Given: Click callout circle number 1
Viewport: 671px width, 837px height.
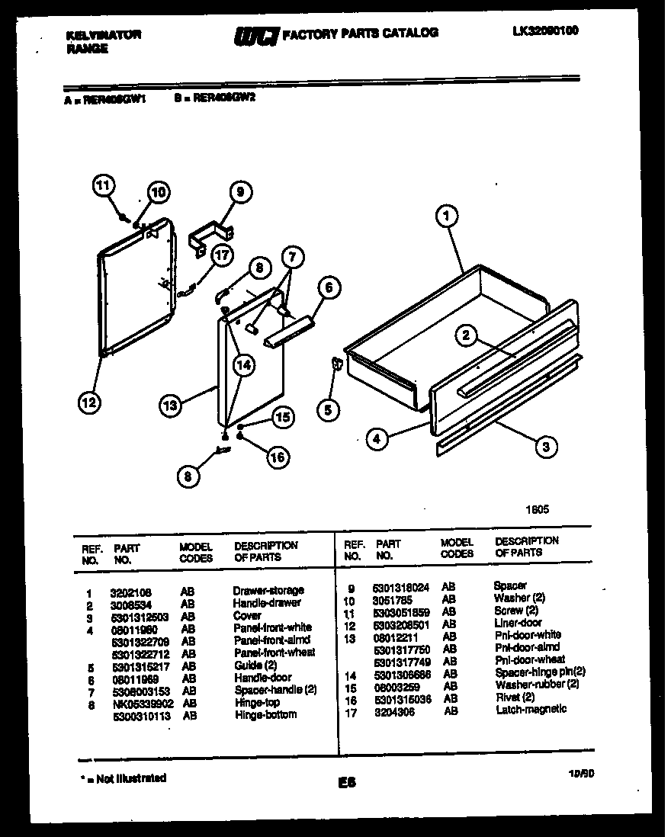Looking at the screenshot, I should (446, 216).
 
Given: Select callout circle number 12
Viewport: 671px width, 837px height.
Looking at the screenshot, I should (89, 402).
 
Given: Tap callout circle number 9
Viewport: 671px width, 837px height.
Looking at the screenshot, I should (239, 194).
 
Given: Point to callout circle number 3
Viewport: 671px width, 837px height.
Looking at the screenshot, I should (545, 447).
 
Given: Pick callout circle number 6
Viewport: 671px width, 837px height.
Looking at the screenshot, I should (328, 287).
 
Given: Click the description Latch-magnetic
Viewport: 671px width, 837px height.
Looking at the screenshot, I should (531, 709).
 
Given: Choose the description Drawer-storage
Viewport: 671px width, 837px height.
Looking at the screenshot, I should (268, 591).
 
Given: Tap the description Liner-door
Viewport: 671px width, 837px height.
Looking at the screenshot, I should (518, 623).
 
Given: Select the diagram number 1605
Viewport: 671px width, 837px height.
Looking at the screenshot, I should (537, 510).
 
